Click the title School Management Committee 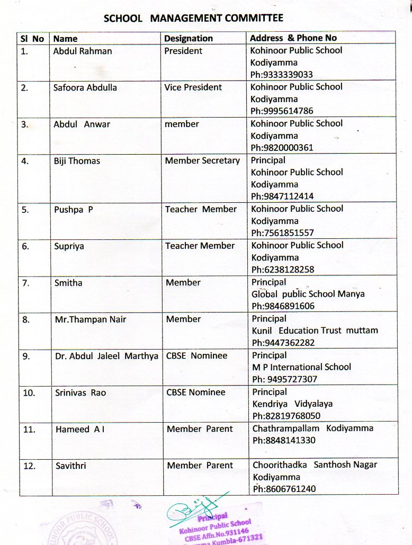(193, 18)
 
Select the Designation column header (188, 38)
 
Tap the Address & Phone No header (293, 38)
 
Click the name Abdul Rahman (82, 51)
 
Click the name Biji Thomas (77, 160)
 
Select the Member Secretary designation (202, 160)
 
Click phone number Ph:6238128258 (283, 270)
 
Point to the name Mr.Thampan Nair (91, 319)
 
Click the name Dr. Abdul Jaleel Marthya (106, 356)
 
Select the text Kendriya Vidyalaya (292, 404)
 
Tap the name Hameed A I (80, 430)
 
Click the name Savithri (70, 466)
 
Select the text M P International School (301, 367)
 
